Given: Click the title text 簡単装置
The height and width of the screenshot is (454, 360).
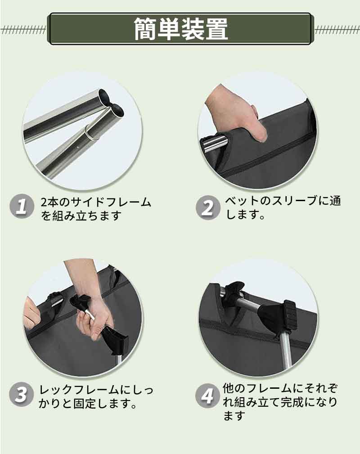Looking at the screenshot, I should tap(180, 29).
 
